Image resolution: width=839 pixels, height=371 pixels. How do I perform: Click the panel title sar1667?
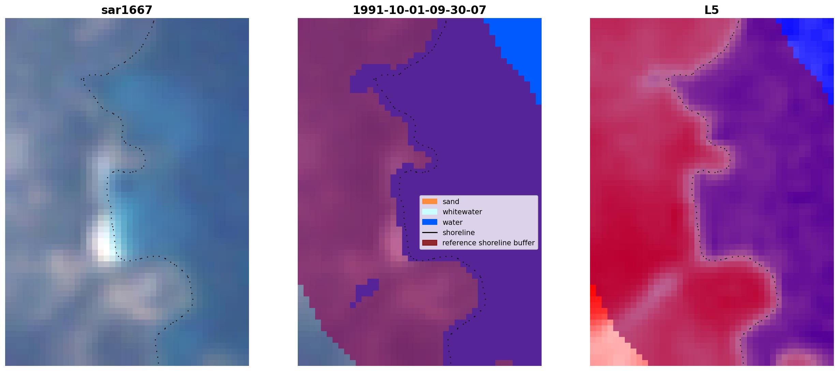pyautogui.click(x=127, y=10)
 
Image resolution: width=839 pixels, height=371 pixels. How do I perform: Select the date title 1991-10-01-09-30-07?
pyautogui.click(x=419, y=10)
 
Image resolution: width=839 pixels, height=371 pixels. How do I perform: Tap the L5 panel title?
pyautogui.click(x=711, y=10)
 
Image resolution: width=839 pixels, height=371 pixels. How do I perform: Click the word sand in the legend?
pyautogui.click(x=451, y=202)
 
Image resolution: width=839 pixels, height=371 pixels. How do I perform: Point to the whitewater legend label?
pyautogui.click(x=462, y=212)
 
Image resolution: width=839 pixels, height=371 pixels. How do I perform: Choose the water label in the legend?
pyautogui.click(x=452, y=222)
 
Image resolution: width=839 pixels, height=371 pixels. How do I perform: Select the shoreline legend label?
pyautogui.click(x=458, y=233)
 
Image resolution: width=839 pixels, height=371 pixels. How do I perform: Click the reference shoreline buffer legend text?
pyautogui.click(x=488, y=243)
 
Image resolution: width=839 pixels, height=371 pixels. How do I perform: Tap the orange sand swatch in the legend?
pyautogui.click(x=430, y=201)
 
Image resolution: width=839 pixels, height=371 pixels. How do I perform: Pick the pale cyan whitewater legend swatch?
pyautogui.click(x=430, y=212)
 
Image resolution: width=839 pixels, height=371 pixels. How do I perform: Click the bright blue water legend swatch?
pyautogui.click(x=430, y=222)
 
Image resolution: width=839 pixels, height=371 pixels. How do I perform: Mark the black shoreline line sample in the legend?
pyautogui.click(x=430, y=233)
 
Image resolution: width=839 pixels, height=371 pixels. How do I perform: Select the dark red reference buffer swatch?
pyautogui.click(x=430, y=243)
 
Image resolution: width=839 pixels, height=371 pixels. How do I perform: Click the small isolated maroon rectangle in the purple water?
pyautogui.click(x=504, y=363)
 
